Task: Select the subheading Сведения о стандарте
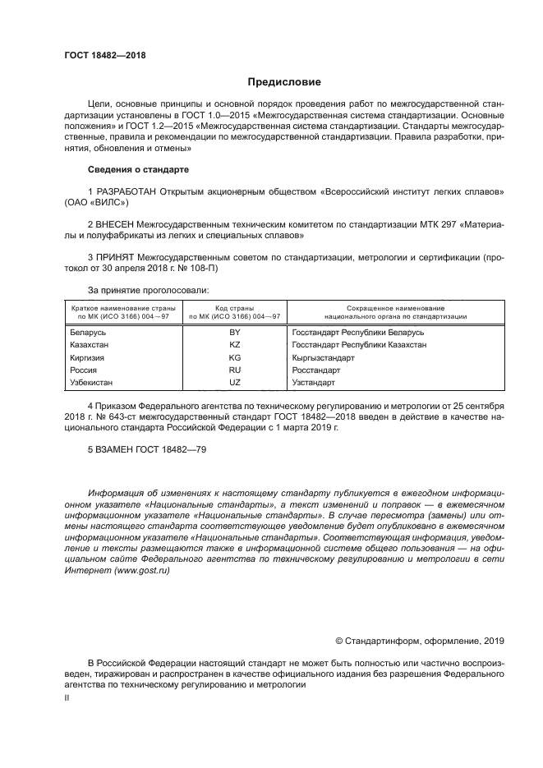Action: [138, 169]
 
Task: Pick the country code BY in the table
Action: [234, 332]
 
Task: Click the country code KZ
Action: [234, 345]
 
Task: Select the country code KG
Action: [234, 358]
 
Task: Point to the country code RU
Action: [234, 370]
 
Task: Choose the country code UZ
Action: [234, 383]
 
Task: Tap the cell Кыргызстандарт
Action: [323, 358]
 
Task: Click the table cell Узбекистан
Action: [92, 383]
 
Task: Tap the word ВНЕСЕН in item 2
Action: [115, 223]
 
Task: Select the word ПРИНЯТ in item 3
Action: [116, 256]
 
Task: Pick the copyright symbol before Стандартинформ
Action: [339, 641]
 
